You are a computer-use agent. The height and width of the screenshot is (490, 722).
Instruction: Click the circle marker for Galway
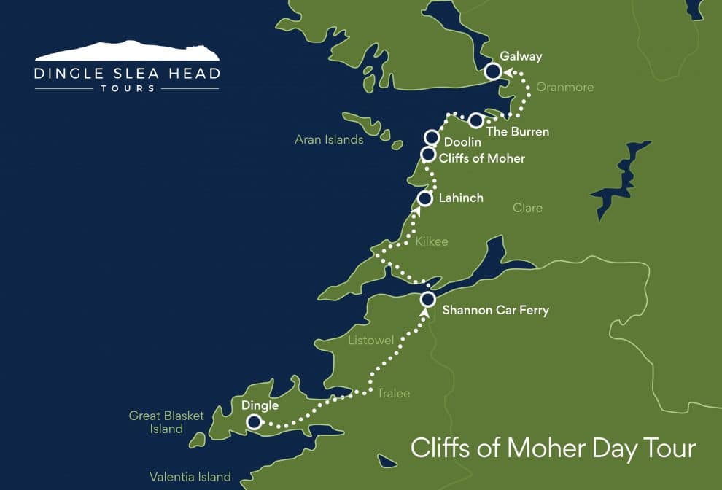tap(493, 71)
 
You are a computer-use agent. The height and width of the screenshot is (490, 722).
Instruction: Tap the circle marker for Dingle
tap(253, 421)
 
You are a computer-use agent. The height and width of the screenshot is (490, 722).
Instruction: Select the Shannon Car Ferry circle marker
tap(428, 299)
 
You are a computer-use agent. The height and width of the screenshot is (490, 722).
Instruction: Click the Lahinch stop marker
tap(425, 198)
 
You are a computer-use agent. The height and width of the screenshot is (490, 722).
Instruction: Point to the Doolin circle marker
tap(432, 137)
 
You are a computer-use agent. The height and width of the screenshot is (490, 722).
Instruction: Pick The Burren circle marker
tap(475, 120)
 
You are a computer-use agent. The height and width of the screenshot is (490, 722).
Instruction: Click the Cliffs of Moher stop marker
tap(429, 154)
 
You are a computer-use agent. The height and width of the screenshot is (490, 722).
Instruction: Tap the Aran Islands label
tap(329, 139)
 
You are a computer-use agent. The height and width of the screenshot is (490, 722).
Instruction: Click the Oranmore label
tap(564, 87)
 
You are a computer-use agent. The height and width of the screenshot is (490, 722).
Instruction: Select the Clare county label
tap(527, 208)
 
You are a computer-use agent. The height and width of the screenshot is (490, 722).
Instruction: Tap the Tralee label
tap(393, 393)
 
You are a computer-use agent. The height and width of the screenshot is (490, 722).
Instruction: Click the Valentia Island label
tap(190, 477)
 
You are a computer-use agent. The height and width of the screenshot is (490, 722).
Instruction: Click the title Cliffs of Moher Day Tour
tap(554, 448)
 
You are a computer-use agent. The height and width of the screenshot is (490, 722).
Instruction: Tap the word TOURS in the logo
tap(127, 88)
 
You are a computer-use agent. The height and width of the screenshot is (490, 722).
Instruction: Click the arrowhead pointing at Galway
tap(510, 71)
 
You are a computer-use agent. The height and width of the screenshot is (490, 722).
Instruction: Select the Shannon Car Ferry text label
tap(496, 311)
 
